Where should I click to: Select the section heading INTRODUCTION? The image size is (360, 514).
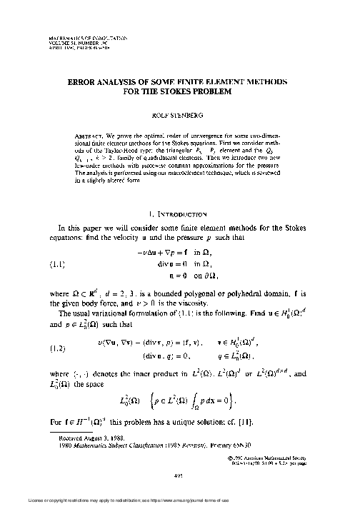click(x=188, y=213)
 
